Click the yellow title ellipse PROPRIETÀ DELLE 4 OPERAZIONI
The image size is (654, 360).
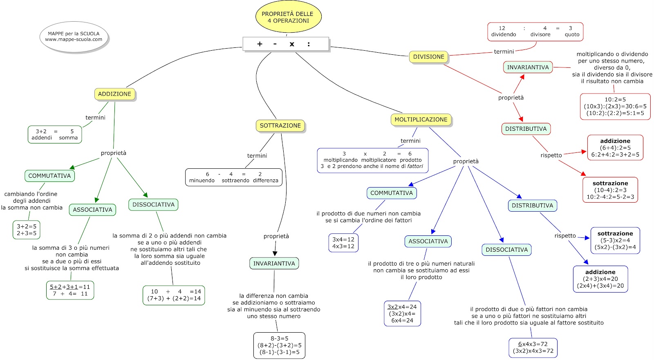click(x=289, y=17)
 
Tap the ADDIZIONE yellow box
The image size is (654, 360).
click(x=114, y=94)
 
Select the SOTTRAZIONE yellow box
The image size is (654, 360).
click(x=280, y=125)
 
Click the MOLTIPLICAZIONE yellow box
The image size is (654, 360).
click(x=421, y=119)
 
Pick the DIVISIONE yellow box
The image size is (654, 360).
click(x=429, y=57)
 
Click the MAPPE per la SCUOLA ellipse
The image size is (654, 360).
click(x=74, y=37)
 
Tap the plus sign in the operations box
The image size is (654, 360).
click(x=260, y=44)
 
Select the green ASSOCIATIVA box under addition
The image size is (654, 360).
click(x=92, y=210)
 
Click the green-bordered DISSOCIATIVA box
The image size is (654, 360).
click(x=153, y=204)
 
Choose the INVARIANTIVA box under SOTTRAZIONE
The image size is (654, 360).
click(x=274, y=263)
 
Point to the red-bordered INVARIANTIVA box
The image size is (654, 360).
click(x=528, y=67)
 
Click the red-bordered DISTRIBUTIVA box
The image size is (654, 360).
click(x=526, y=129)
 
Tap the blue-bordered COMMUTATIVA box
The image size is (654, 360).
click(x=392, y=193)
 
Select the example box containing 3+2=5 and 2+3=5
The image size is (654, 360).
click(x=27, y=230)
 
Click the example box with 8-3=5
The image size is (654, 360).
click(x=280, y=345)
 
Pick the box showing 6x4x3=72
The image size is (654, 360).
click(x=533, y=348)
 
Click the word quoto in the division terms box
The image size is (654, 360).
click(x=572, y=34)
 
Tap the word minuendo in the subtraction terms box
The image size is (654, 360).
click(x=202, y=181)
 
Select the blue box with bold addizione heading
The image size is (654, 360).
click(x=600, y=279)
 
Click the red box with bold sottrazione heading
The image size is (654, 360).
click(x=610, y=190)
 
